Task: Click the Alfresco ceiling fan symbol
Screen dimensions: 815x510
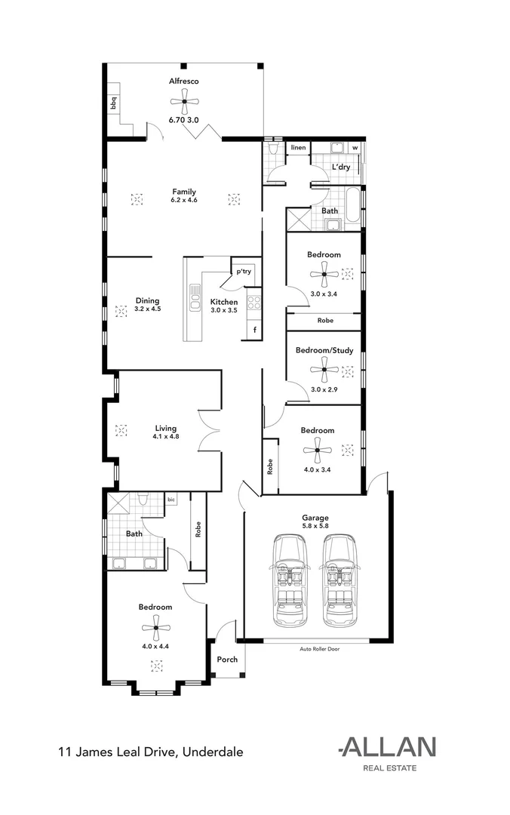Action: (x=183, y=102)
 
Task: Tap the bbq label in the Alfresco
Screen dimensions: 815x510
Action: (x=115, y=103)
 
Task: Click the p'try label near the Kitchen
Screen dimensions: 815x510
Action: (x=244, y=271)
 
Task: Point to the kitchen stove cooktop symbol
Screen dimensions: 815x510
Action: (x=254, y=303)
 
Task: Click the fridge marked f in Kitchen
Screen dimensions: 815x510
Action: (x=255, y=330)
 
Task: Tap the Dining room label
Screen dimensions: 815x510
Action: (x=147, y=300)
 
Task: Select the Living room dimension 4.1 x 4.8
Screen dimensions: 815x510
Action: (x=166, y=436)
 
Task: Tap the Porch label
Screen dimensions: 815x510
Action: (x=227, y=660)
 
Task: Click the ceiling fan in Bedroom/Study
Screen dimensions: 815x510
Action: (x=324, y=370)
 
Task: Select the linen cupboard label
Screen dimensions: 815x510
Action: (x=299, y=148)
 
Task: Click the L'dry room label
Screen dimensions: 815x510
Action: (x=340, y=167)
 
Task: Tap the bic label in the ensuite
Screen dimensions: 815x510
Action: (x=171, y=500)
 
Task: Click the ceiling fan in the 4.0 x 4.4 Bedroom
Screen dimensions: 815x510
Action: (x=155, y=627)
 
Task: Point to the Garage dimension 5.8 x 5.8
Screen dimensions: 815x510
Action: (x=315, y=527)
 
